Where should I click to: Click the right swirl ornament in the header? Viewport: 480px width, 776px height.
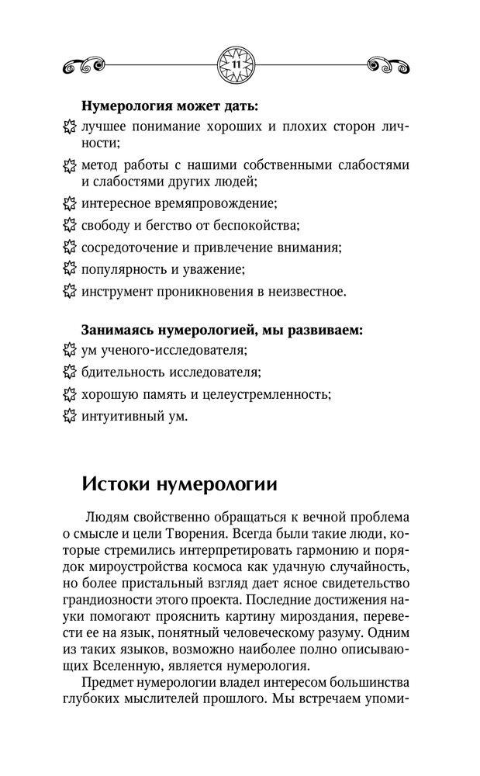pos(386,64)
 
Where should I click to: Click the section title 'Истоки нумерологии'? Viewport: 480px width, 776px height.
pos(179,486)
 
